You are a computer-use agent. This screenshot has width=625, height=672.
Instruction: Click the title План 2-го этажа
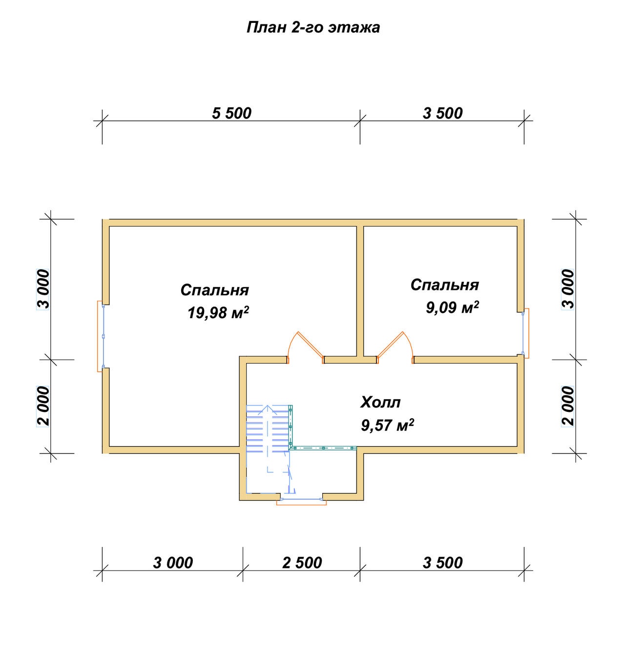pos(313,27)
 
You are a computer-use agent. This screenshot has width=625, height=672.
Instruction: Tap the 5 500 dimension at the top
pos(231,113)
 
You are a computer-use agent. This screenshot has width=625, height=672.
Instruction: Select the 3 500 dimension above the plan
pos(442,113)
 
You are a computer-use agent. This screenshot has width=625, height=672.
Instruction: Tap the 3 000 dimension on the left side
pos(43,289)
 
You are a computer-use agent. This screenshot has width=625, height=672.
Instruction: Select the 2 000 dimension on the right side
pos(568,406)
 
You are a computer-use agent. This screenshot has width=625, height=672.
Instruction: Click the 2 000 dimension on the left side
pos(43,406)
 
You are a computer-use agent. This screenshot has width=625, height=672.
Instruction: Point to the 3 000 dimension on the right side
pos(568,289)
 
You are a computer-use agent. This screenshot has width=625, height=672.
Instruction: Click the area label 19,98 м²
pos(218,312)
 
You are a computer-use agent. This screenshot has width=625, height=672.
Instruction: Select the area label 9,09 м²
pos(452,307)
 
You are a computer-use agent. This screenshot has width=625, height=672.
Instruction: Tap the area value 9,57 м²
pos(387,425)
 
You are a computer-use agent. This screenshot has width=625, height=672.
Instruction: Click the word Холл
pos(380,402)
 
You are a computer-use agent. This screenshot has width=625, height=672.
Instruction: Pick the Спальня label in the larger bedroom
pos(215,290)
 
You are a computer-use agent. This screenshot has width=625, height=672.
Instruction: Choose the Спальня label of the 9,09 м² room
pos(444,285)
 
